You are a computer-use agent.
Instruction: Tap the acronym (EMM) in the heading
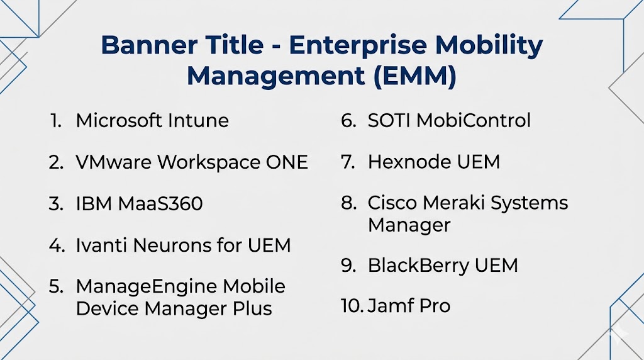coord(414,76)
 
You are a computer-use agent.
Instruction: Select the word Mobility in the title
coord(489,46)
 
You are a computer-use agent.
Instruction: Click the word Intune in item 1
coord(198,120)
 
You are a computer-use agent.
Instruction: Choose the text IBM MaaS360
coord(139,204)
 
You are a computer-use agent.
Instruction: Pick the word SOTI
coord(389,120)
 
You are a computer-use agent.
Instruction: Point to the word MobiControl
coord(474,120)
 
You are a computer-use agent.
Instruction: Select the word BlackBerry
coord(418,266)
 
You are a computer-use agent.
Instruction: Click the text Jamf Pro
coord(409,306)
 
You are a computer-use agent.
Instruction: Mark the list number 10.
coord(351,306)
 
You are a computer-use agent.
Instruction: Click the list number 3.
coord(56,204)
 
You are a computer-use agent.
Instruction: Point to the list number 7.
coord(348,162)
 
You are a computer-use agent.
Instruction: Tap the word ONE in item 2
coord(287,162)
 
